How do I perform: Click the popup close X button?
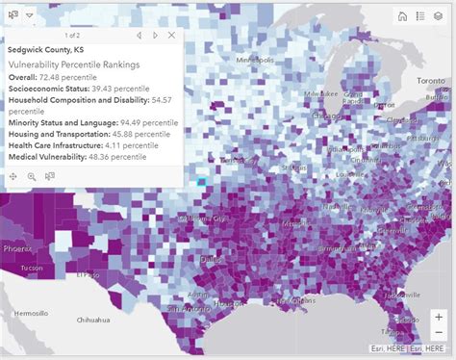click(172, 35)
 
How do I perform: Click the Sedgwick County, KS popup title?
click(43, 48)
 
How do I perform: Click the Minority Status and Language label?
click(63, 122)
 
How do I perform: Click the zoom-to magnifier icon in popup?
click(32, 176)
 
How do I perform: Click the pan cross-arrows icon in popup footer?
click(13, 176)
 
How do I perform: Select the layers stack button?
click(439, 15)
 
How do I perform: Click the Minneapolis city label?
click(255, 60)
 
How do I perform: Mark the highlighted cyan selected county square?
click(202, 181)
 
